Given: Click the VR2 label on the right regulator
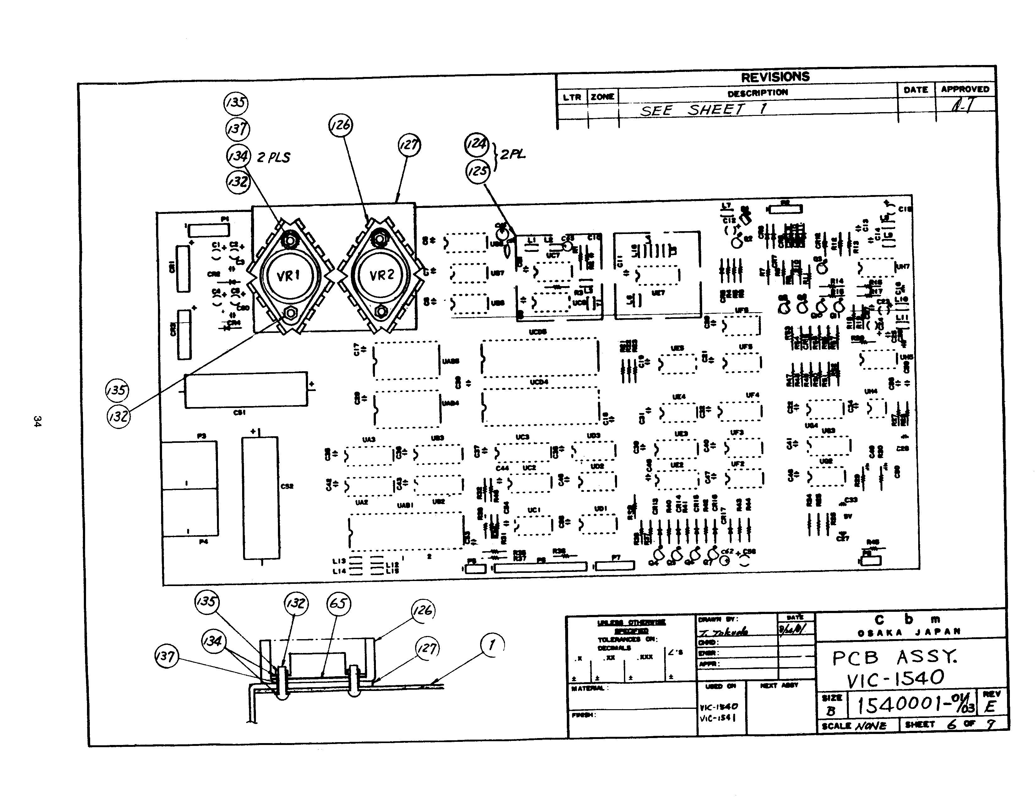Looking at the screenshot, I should tap(382, 275).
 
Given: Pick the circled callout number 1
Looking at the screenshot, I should tap(492, 644).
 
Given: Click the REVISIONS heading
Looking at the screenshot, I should tap(775, 77).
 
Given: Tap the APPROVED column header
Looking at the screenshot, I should tap(965, 89).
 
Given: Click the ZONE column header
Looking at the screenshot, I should tap(602, 97).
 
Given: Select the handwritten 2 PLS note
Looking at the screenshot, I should tap(274, 157).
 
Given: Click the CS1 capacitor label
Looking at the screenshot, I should tap(239, 412).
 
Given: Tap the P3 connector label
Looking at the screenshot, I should tap(201, 436).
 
